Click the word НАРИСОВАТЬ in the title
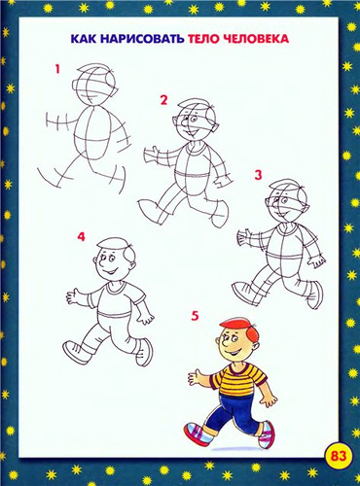142,39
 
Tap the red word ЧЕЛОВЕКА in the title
256,39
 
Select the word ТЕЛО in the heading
204,39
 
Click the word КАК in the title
84,39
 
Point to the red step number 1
57,69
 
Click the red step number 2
163,100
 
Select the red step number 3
258,175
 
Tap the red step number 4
81,237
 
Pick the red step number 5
195,316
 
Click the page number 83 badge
339,456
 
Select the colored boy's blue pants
234,411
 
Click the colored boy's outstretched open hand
195,377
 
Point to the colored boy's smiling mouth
234,353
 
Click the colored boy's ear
256,347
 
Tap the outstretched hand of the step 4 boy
74,296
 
